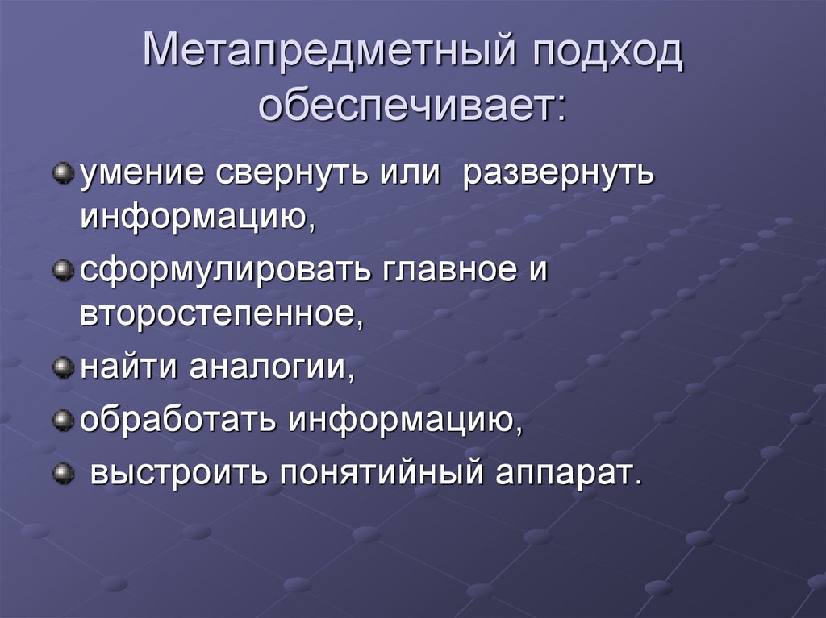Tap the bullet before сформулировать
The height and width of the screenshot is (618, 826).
point(61,272)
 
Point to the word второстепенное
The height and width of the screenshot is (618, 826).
point(217,314)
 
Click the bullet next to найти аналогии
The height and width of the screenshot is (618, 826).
point(61,368)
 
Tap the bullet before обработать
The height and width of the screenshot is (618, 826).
point(61,420)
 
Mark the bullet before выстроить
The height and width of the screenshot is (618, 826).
point(61,471)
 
